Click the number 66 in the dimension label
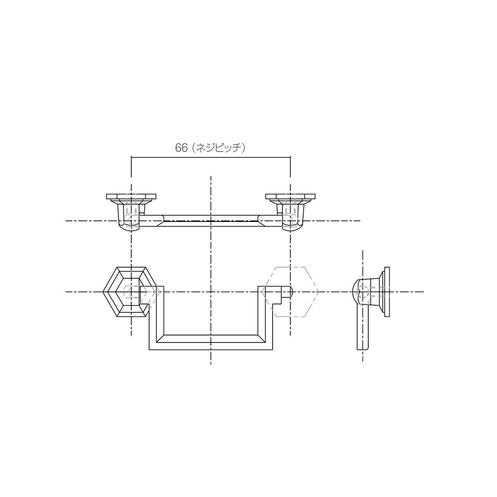pyautogui.click(x=181, y=148)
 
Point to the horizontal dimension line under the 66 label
pyautogui.click(x=211, y=157)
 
